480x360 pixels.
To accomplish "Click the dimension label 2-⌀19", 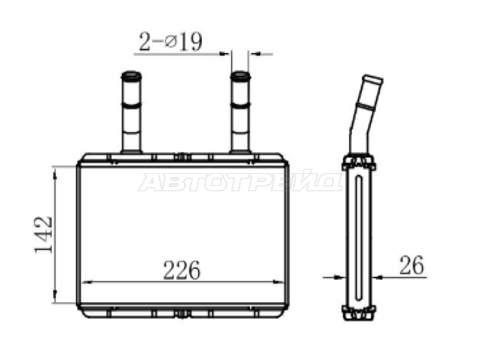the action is (170, 41).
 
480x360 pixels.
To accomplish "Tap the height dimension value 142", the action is (44, 235).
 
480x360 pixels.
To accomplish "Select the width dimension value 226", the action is (182, 271).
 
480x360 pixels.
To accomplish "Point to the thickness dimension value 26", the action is (412, 265).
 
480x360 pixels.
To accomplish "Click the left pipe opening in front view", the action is (131, 76).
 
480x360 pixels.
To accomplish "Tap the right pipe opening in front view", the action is (241, 76).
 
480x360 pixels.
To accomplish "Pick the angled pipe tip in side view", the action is (373, 80).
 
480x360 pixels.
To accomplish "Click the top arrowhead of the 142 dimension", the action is (55, 175).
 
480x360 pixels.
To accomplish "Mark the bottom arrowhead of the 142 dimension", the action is (55, 295).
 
